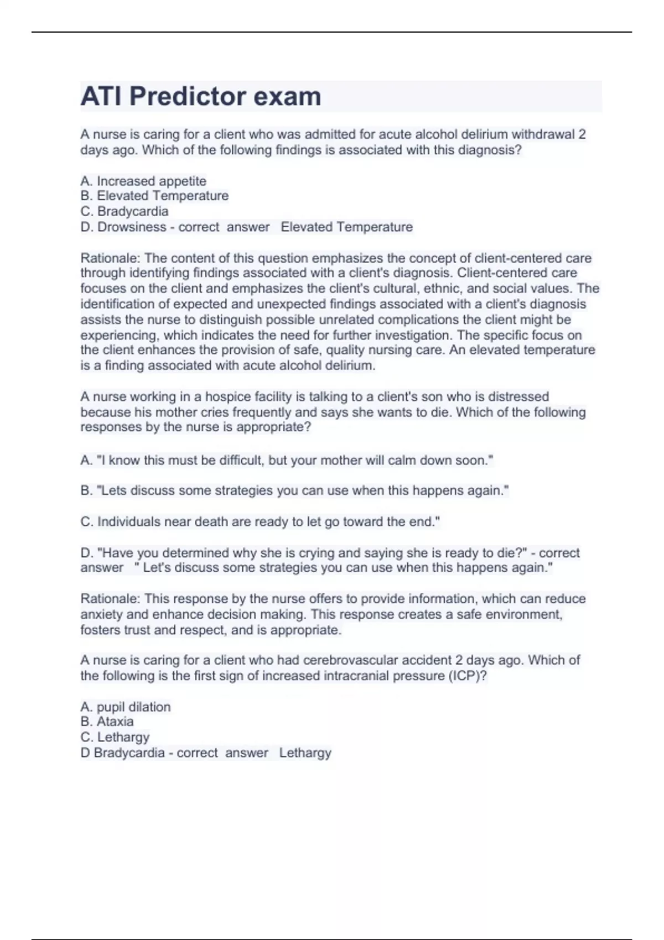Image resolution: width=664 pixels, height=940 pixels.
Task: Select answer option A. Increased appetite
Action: [x=143, y=181]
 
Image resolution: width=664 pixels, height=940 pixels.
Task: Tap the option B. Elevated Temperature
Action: [x=154, y=196]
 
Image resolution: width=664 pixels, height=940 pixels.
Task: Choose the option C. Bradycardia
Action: [x=124, y=211]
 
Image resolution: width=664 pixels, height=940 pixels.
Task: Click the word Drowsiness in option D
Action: [x=132, y=227]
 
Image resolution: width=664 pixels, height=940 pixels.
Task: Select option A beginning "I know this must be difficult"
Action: [x=287, y=460]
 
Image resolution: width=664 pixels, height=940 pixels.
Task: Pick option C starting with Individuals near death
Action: [x=260, y=521]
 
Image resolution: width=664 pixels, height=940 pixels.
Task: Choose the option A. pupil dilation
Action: [x=126, y=707]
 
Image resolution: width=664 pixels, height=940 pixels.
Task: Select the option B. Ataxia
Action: [x=107, y=722]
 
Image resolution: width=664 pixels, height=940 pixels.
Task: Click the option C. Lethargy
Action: [x=115, y=737]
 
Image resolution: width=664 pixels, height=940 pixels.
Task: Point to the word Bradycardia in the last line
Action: [x=129, y=753]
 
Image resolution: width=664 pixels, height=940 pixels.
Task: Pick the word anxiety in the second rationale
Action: [x=102, y=614]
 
